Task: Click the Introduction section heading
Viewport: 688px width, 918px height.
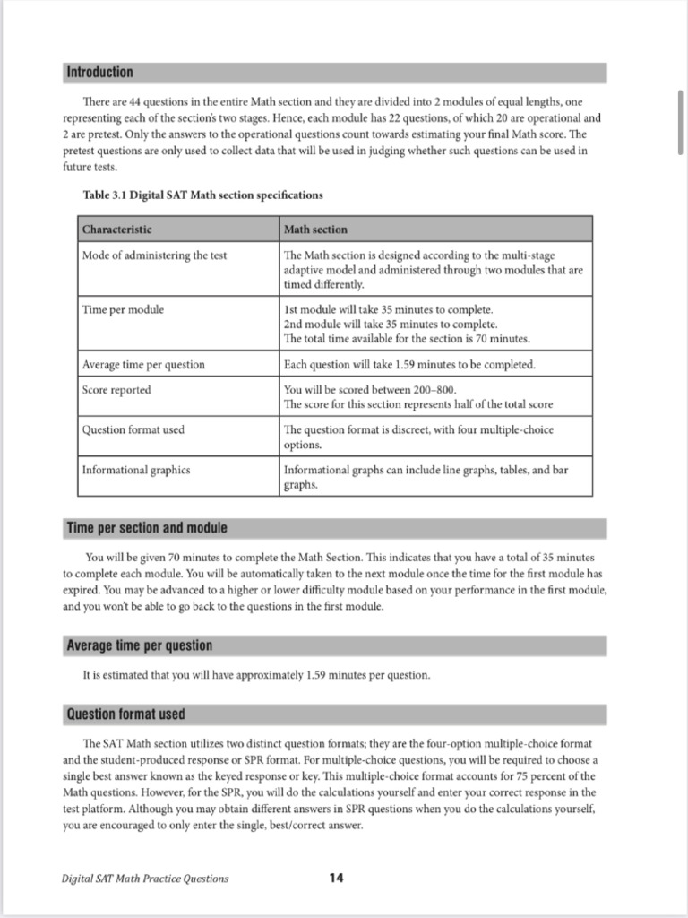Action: click(x=99, y=72)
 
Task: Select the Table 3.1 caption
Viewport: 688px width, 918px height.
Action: click(x=202, y=195)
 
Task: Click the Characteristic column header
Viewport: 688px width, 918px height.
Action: click(x=117, y=229)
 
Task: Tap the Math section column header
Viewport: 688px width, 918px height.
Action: click(x=315, y=229)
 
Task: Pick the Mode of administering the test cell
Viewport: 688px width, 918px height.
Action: click(x=154, y=255)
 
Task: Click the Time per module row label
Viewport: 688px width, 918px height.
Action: click(x=123, y=309)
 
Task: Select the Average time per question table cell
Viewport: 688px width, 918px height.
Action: click(x=143, y=365)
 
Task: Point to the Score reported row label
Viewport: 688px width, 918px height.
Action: click(x=116, y=390)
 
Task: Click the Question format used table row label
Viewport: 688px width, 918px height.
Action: click(x=133, y=429)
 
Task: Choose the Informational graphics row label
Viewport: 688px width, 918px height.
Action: click(x=136, y=469)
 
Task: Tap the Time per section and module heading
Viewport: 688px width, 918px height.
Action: click(x=147, y=527)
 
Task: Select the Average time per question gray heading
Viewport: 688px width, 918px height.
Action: click(x=139, y=645)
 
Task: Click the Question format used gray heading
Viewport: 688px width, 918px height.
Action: click(x=125, y=714)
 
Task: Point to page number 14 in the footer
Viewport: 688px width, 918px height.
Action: click(x=336, y=878)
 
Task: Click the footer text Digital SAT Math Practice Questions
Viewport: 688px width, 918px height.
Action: click(x=139, y=879)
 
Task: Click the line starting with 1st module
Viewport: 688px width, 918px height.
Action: click(x=387, y=309)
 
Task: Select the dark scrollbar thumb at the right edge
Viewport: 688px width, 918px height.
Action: click(x=682, y=121)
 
